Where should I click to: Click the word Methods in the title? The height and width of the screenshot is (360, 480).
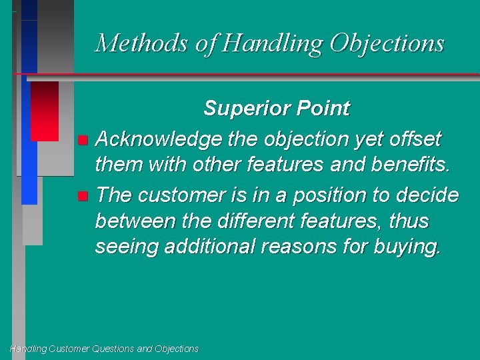142,43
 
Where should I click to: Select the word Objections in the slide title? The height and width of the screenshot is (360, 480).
387,43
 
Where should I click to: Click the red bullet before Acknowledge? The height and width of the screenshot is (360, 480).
82,140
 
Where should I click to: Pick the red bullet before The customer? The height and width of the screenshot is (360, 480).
82,196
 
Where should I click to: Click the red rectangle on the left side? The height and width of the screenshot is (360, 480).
45,110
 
